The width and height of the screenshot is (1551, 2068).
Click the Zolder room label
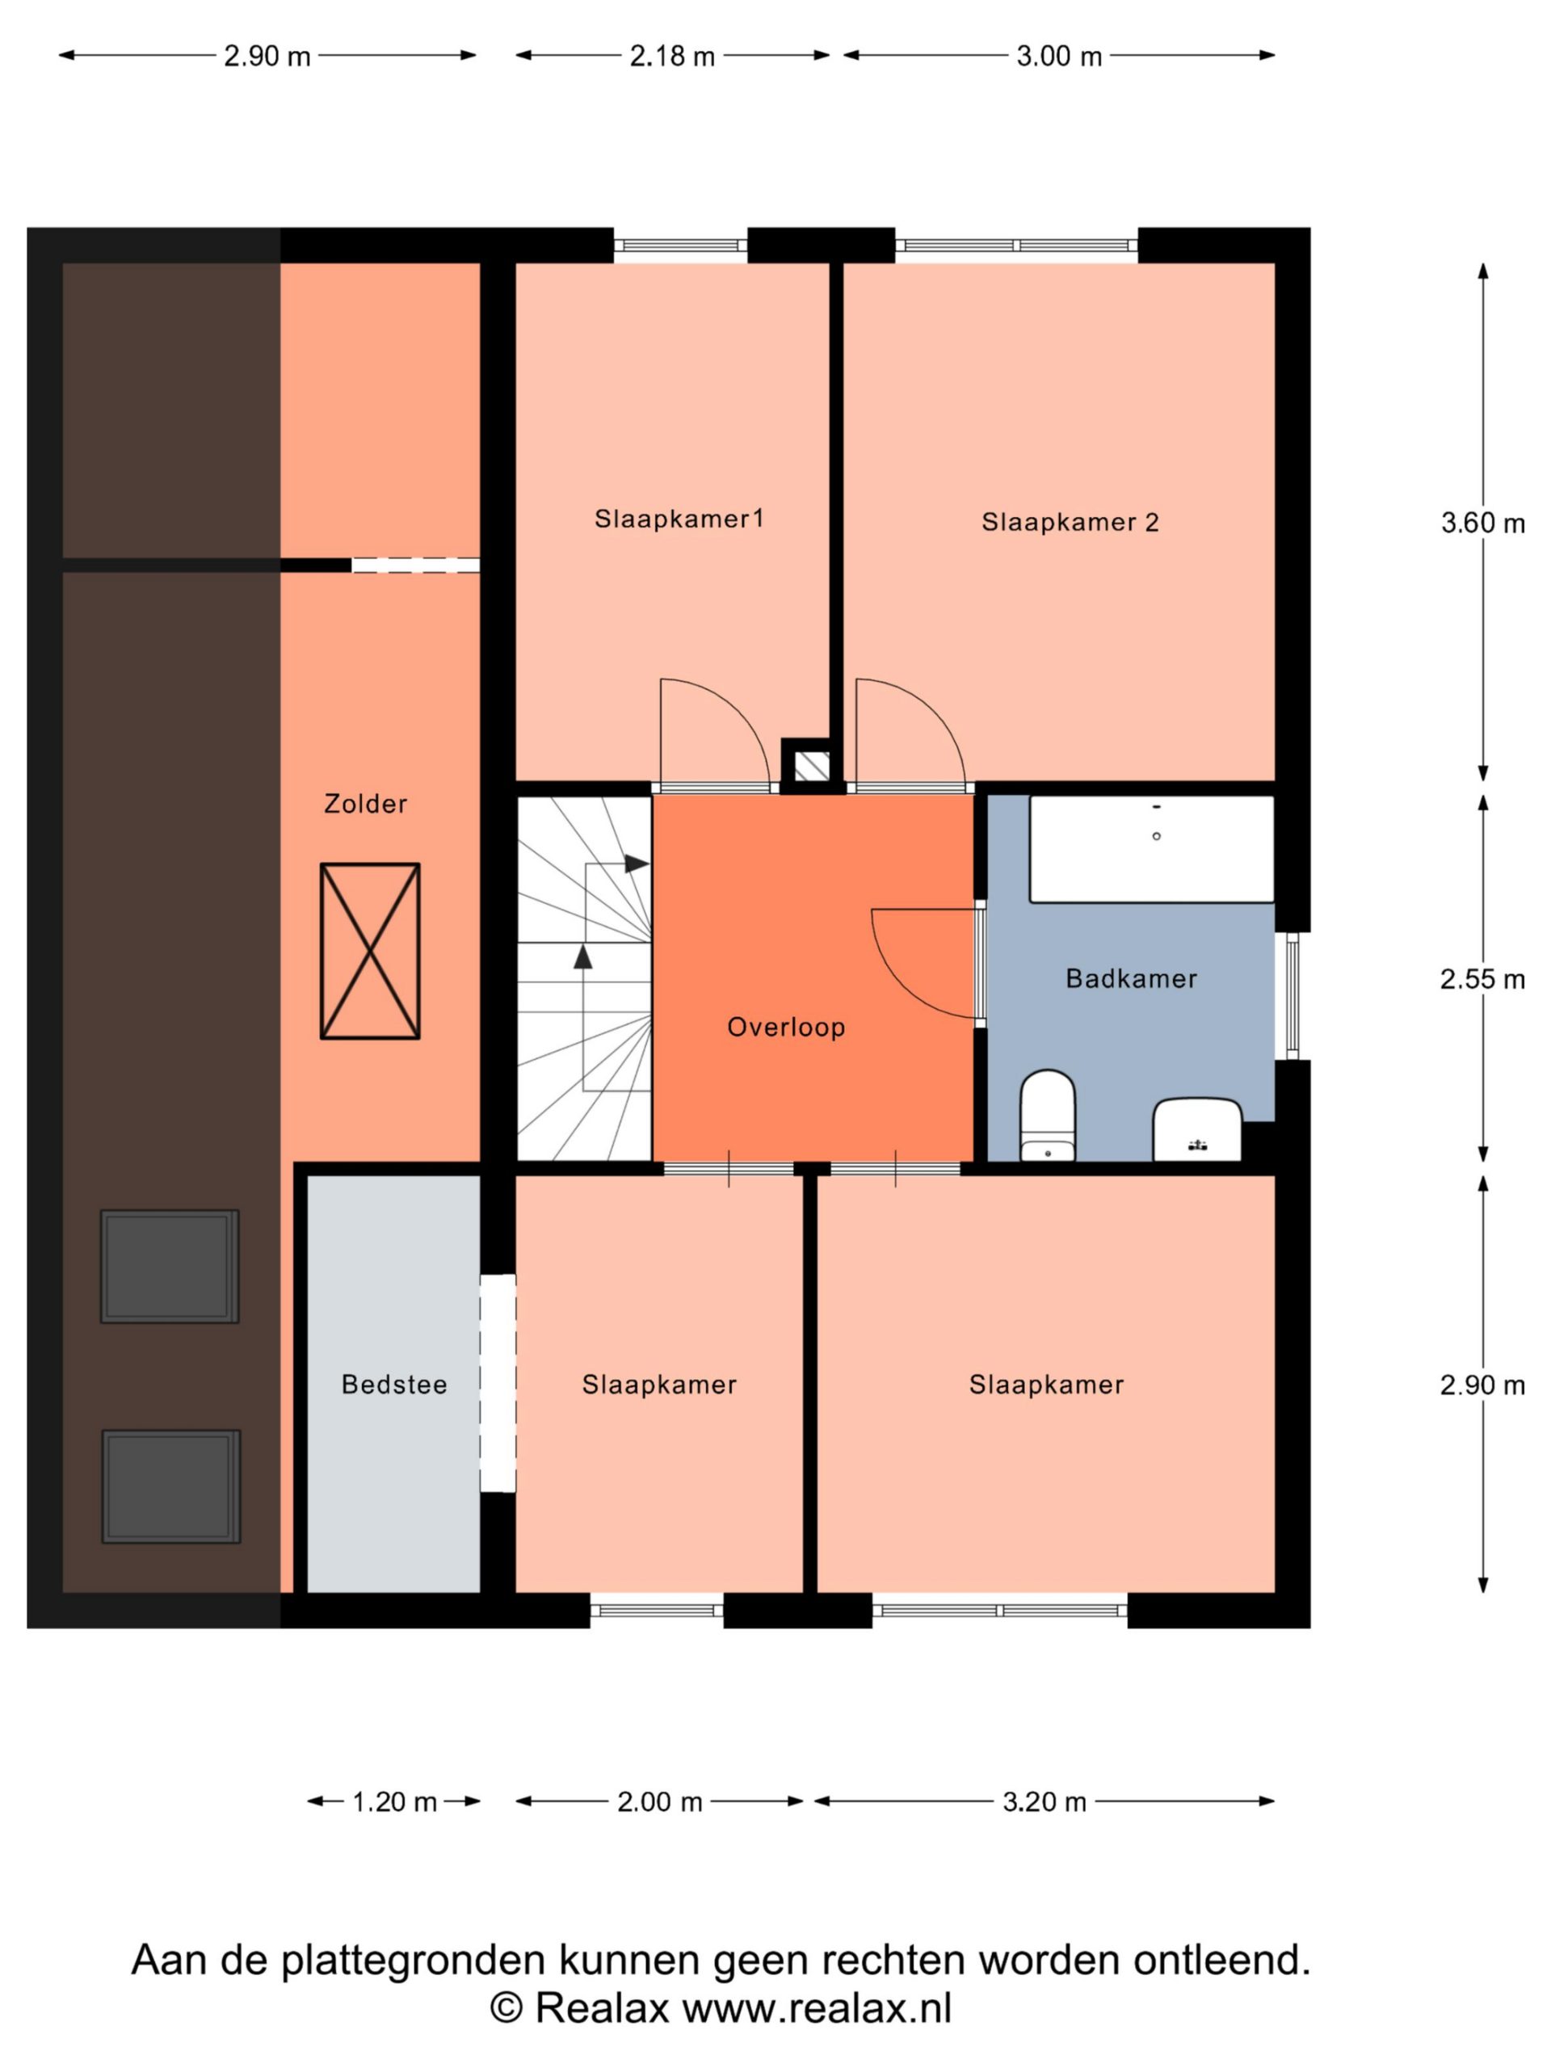(366, 804)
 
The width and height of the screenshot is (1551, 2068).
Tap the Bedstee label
(394, 1385)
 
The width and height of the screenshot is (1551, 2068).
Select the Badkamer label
(1131, 979)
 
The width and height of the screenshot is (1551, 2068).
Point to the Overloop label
(786, 1028)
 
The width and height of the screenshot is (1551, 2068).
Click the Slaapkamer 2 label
(1070, 523)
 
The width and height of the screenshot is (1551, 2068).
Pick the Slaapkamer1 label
(679, 519)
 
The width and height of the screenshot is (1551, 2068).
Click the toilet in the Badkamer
(1047, 1116)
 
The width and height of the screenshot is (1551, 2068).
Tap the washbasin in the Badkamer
(1198, 1129)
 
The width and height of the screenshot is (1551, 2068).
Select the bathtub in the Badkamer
(1152, 849)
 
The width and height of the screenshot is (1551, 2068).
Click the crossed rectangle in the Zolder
(370, 951)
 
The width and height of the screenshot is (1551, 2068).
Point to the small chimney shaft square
(806, 767)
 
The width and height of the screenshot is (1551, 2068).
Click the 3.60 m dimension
(1483, 523)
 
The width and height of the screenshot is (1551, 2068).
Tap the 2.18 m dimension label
(672, 56)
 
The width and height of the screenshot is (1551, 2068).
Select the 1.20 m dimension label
(394, 1801)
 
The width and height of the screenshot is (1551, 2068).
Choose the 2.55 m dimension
(1483, 979)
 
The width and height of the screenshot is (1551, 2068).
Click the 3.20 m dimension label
(1045, 1801)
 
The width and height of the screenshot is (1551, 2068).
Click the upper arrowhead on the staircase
(637, 864)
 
